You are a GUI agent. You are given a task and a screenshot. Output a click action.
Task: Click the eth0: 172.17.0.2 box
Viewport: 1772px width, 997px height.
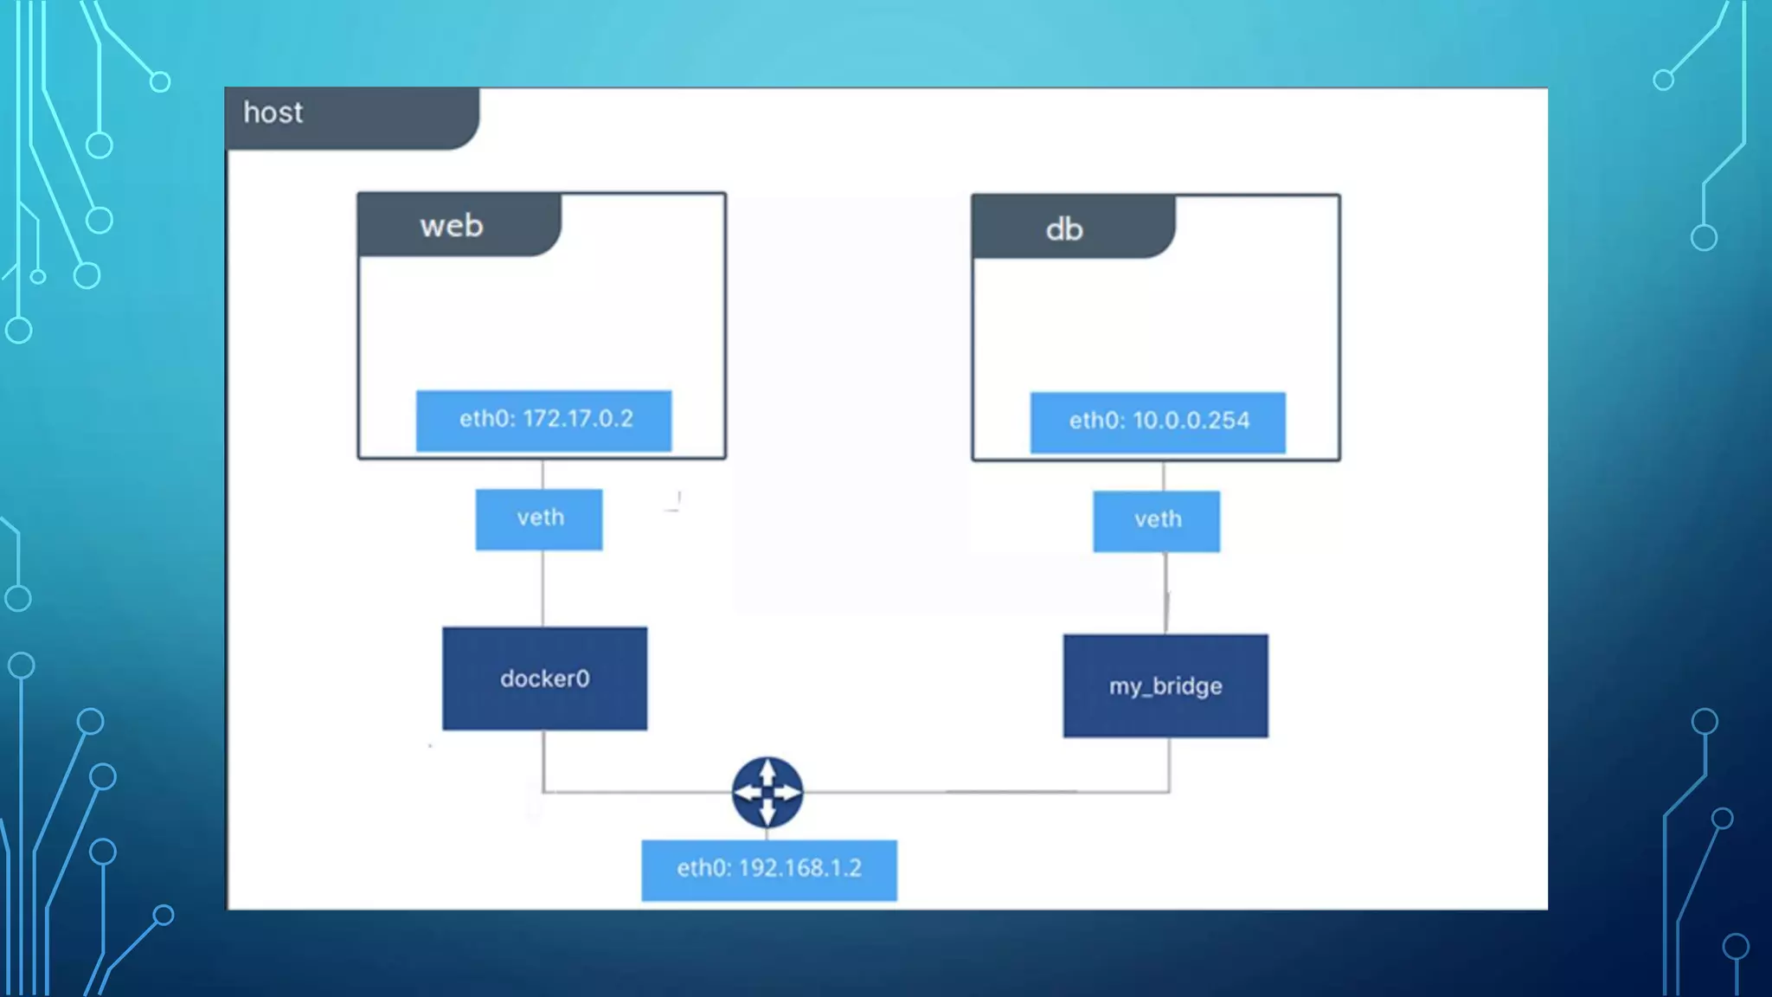tap(543, 421)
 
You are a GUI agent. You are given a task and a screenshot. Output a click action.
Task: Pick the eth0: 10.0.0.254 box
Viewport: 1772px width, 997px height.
tap(1158, 422)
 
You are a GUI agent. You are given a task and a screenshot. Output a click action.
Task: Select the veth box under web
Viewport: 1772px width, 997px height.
tap(539, 519)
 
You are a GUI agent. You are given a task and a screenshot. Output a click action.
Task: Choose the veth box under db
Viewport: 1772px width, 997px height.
tap(1157, 521)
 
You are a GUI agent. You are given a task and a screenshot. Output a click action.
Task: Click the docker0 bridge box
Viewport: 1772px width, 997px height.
tap(544, 679)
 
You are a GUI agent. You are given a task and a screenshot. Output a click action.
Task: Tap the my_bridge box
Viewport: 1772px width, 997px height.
tap(1165, 685)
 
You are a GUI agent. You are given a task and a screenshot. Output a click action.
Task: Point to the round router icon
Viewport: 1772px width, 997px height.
tap(767, 792)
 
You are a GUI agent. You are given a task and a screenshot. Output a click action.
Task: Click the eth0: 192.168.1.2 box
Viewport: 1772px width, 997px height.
tap(769, 870)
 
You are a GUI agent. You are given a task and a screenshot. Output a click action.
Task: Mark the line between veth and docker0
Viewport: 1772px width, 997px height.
tap(543, 589)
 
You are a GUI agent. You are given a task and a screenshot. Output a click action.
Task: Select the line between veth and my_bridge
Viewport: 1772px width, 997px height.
tap(1165, 593)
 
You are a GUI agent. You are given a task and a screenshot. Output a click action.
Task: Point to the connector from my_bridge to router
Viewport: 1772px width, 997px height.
tap(995, 791)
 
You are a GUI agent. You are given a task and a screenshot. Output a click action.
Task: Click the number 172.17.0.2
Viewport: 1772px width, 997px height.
tap(566, 419)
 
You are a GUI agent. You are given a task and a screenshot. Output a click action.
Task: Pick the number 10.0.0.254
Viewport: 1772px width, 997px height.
tap(1191, 421)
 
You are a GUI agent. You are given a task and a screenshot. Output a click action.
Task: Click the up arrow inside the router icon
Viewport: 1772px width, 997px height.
tap(767, 772)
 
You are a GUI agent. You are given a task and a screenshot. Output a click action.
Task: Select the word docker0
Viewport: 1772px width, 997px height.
tap(544, 679)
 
